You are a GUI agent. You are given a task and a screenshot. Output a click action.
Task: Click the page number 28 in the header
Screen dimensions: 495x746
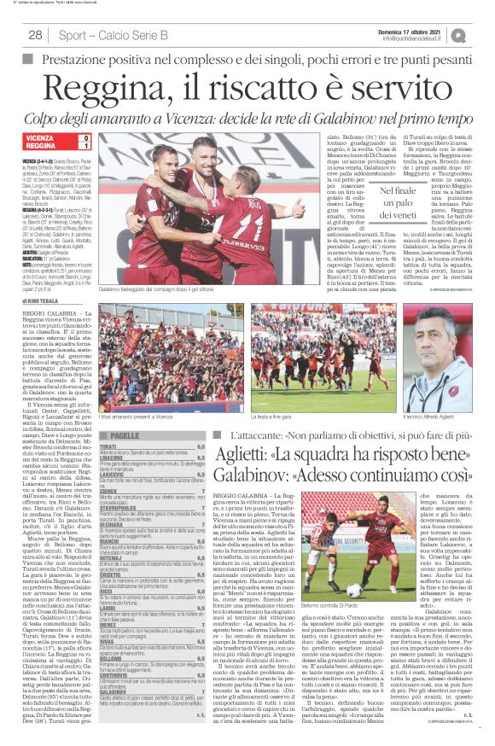point(36,35)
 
